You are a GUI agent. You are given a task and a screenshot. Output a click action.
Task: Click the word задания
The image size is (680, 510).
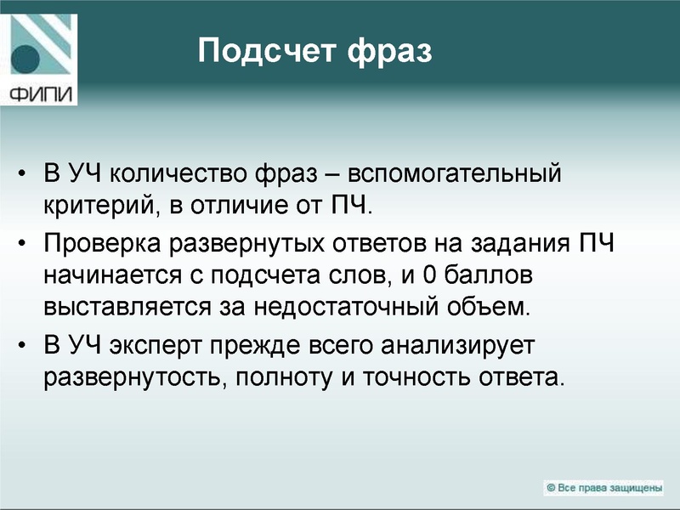(513, 245)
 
